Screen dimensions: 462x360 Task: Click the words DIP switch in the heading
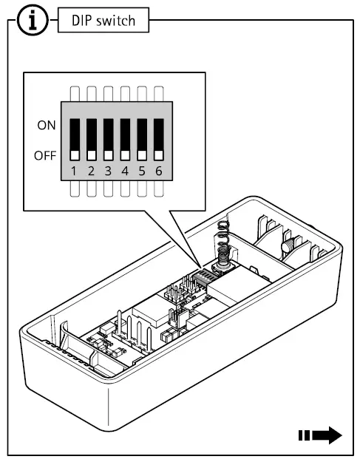103,21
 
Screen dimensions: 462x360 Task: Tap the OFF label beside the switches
44,156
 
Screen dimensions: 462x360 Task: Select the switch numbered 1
75,139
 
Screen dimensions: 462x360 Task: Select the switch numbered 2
92,139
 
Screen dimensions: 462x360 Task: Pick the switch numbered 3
108,139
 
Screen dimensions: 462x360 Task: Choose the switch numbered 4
125,139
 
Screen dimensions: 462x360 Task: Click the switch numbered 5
142,139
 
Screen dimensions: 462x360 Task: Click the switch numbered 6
158,139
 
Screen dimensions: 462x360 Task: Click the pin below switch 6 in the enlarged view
158,189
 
